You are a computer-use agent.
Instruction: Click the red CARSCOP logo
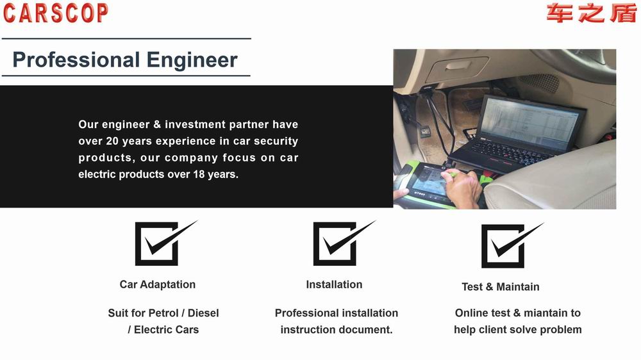click(56, 13)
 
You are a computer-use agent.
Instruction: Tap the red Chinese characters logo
click(592, 13)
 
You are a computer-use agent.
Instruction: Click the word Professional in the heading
click(76, 60)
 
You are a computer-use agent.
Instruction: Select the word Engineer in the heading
click(192, 60)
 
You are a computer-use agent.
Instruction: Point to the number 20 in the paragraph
click(112, 141)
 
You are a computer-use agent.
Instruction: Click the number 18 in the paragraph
click(199, 174)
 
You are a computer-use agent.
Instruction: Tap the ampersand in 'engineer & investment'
click(157, 124)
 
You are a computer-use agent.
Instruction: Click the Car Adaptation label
click(158, 284)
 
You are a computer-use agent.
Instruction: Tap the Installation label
click(335, 284)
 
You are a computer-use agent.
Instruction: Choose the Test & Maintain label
click(501, 287)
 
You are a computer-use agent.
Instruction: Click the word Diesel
click(203, 313)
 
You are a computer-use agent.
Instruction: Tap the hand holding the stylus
click(463, 188)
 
